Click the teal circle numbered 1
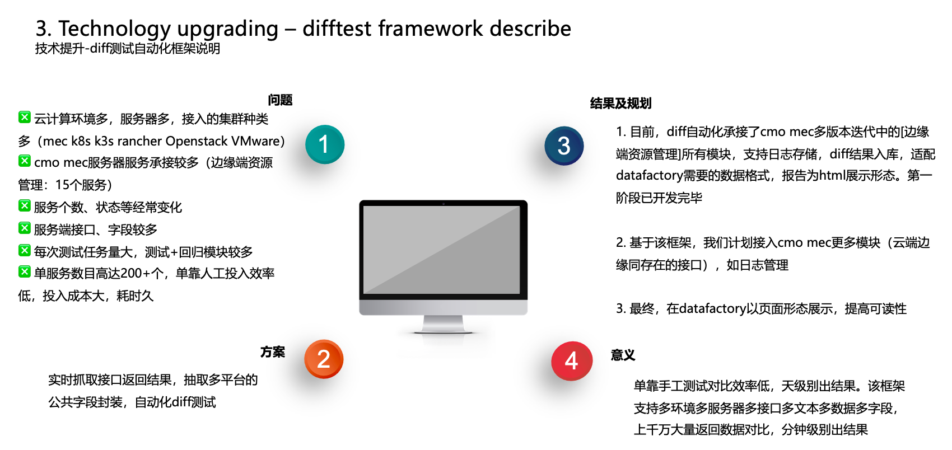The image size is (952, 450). click(325, 144)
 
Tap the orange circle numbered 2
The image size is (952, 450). click(324, 359)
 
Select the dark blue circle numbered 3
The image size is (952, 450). click(564, 146)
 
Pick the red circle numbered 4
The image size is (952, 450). click(572, 361)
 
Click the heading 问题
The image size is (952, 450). click(280, 100)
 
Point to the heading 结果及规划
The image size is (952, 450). click(620, 103)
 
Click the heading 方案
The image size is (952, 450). click(273, 352)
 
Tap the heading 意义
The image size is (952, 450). click(623, 355)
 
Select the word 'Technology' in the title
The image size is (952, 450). click(114, 30)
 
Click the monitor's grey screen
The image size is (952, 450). click(442, 250)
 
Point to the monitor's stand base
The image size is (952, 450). click(443, 325)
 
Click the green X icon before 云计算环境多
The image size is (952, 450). click(25, 117)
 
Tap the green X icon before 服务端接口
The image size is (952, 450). click(25, 228)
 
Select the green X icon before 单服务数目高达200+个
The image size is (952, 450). click(25, 271)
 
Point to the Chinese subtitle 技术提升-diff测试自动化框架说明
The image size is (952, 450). click(128, 49)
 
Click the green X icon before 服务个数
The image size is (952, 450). click(25, 205)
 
